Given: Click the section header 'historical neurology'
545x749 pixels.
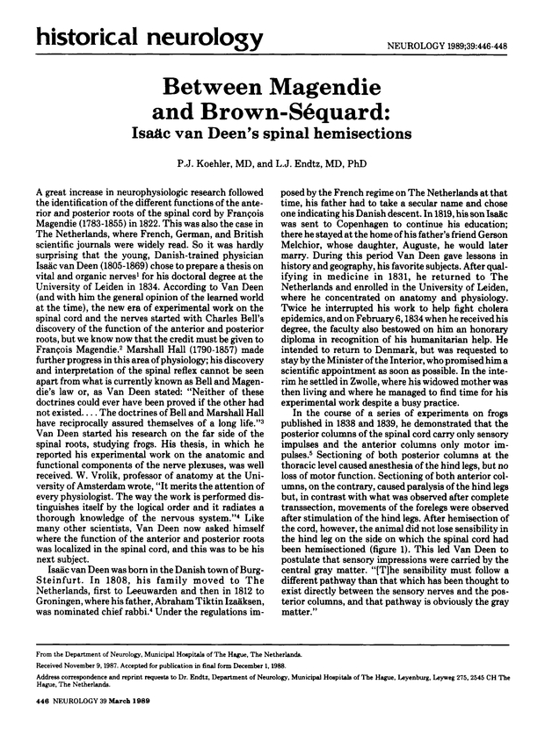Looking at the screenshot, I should pos(138,38).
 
